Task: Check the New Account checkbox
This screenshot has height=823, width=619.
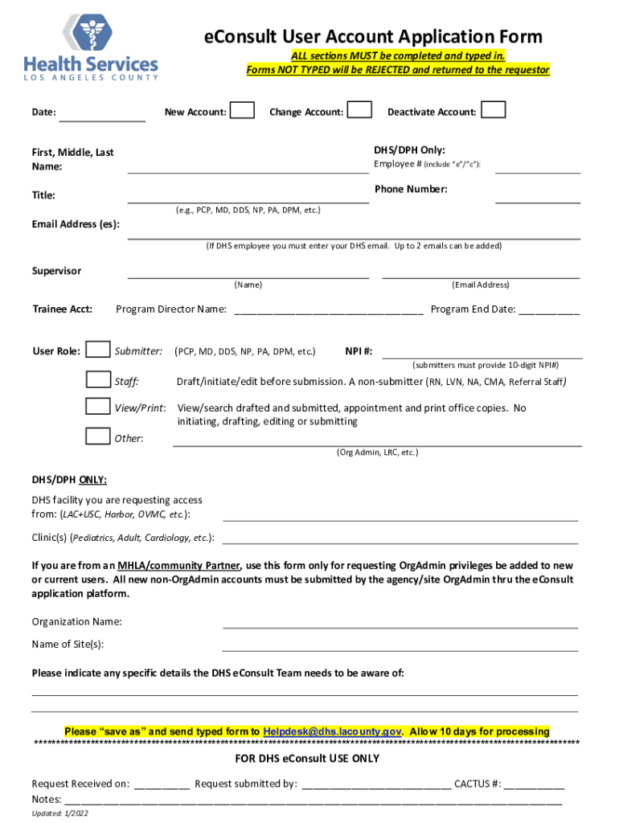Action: (243, 110)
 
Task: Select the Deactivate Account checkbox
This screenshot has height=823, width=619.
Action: (494, 110)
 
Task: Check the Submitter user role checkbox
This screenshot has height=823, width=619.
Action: (98, 350)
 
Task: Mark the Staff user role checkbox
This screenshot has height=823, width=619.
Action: (98, 379)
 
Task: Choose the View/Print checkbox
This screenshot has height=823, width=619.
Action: (98, 407)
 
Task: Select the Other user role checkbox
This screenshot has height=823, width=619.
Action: (98, 436)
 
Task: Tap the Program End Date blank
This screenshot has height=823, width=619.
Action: (549, 311)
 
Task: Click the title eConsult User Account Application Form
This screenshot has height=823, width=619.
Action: (372, 37)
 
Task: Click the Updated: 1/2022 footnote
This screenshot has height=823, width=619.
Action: (60, 814)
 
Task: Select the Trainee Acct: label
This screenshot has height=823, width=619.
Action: (62, 309)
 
